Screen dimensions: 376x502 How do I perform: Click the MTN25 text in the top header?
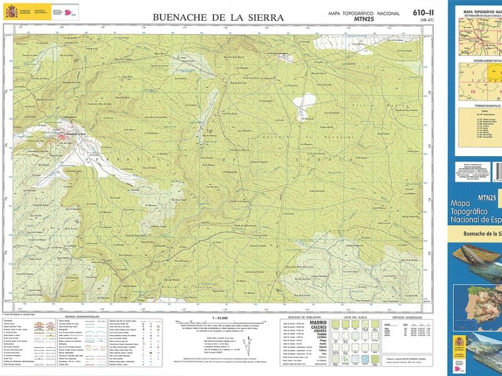coord(363,19)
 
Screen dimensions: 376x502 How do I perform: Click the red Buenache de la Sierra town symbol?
coord(68,133)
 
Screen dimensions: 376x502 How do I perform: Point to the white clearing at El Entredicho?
coord(303,100)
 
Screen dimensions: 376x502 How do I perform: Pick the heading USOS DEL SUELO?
coord(357,317)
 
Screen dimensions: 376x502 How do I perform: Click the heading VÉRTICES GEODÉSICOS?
coord(409,317)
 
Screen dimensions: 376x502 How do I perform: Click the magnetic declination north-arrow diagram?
coord(248,342)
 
